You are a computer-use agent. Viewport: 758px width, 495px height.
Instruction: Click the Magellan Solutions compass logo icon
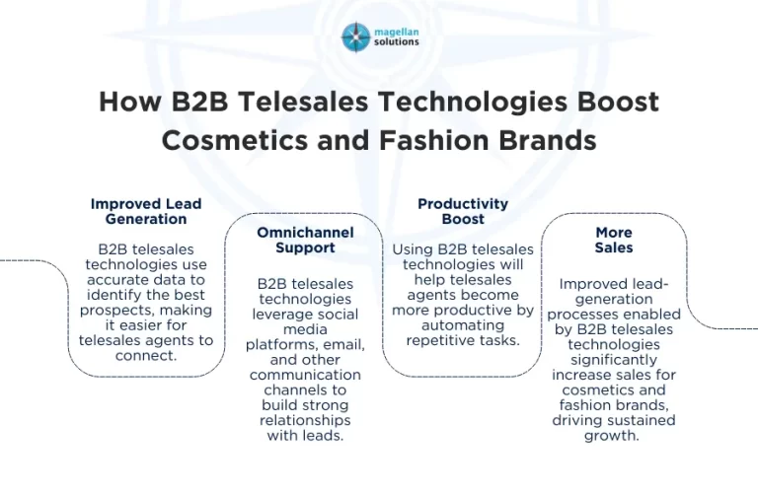click(355, 37)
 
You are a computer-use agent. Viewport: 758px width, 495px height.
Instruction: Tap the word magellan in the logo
click(395, 31)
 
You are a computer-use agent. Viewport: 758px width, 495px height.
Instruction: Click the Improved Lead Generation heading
click(146, 211)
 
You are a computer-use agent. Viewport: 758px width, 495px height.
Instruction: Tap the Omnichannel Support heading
click(305, 240)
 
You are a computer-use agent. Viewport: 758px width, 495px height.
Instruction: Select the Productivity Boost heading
click(463, 211)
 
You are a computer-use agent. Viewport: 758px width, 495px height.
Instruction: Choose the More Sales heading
click(614, 240)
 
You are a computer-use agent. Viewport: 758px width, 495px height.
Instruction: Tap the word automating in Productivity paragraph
click(462, 325)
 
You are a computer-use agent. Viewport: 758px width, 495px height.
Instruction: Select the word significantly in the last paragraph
click(614, 359)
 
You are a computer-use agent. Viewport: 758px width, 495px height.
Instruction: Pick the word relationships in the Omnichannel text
click(305, 420)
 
